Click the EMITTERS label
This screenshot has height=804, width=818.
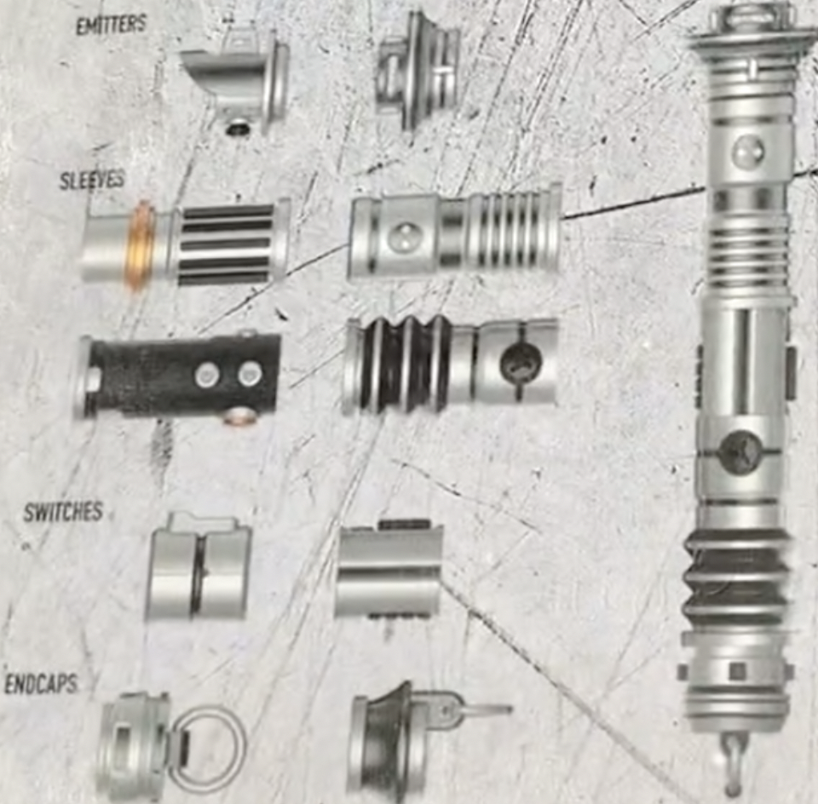[111, 25]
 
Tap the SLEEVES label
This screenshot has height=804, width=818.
[92, 181]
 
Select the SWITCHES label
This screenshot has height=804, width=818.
[63, 513]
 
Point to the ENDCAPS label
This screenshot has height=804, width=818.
[40, 684]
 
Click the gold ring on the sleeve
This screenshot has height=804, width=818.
[139, 245]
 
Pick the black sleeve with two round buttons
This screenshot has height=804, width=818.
[183, 375]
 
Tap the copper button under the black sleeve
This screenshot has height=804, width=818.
[241, 416]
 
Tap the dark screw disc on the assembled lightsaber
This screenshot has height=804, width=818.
[738, 452]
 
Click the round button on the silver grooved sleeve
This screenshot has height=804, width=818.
[403, 236]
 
